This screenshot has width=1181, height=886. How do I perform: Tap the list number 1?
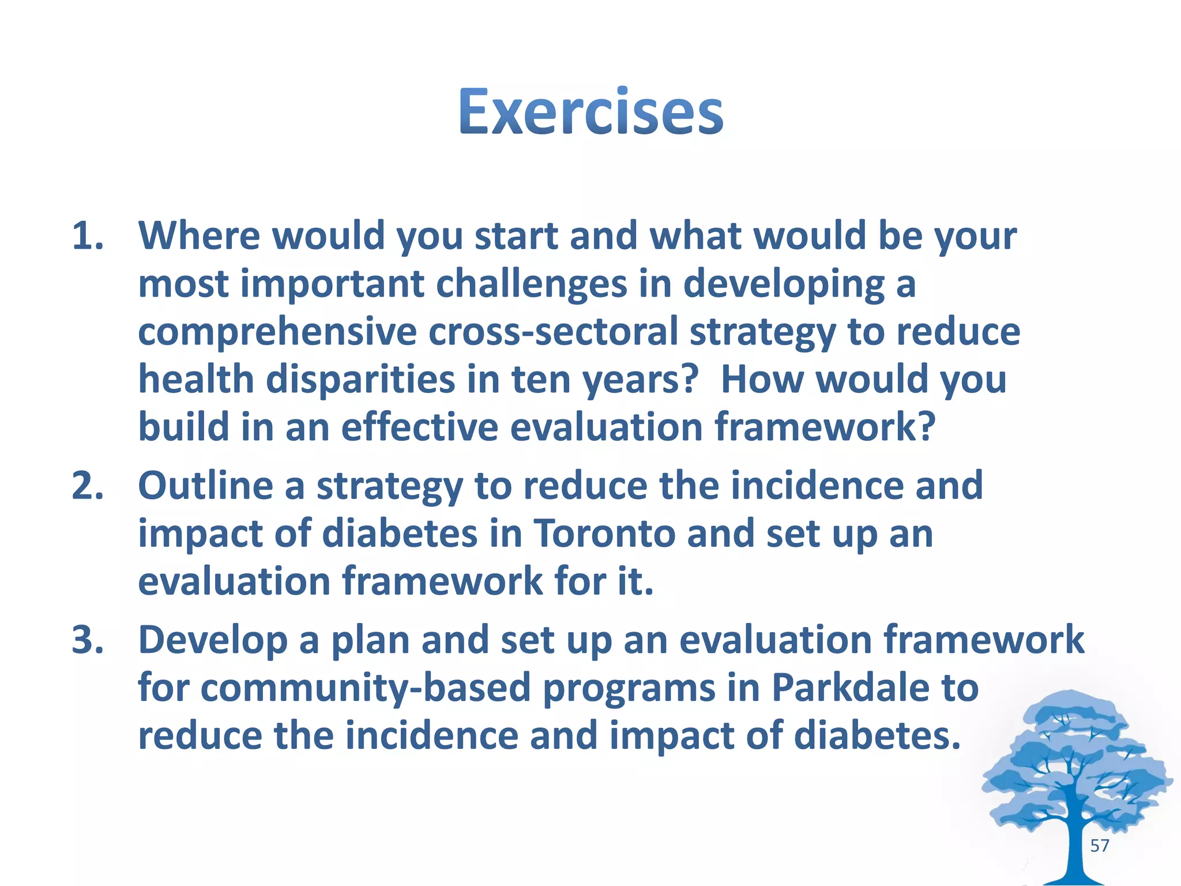pos(88,236)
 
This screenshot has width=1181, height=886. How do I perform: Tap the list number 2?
pos(88,485)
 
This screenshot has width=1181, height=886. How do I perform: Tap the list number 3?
pos(88,640)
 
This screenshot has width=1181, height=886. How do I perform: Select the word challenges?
pos(531,284)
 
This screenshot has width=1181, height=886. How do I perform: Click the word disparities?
pos(360,380)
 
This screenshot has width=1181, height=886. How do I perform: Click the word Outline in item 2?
pos(205,485)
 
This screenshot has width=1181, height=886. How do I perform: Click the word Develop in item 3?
pos(213,640)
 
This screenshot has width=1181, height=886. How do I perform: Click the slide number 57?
pos(1099,846)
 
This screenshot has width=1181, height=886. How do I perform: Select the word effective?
pos(419,427)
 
